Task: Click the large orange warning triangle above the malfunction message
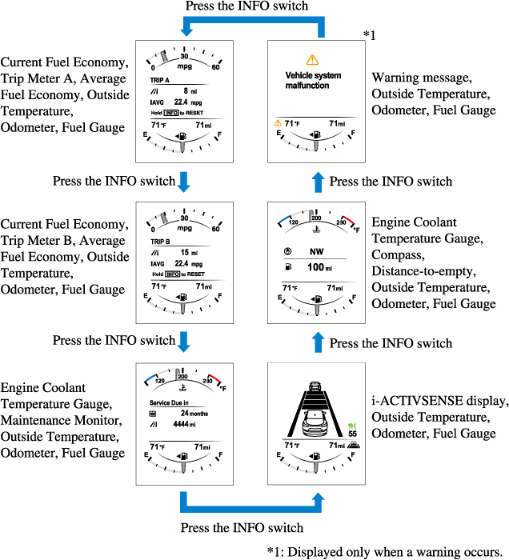click(312, 59)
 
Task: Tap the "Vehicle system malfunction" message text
click(313, 80)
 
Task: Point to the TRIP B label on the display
click(161, 240)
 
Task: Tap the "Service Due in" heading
click(169, 402)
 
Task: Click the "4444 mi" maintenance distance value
click(189, 425)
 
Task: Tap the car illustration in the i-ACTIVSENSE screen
click(313, 417)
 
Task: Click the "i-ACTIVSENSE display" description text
click(439, 401)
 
